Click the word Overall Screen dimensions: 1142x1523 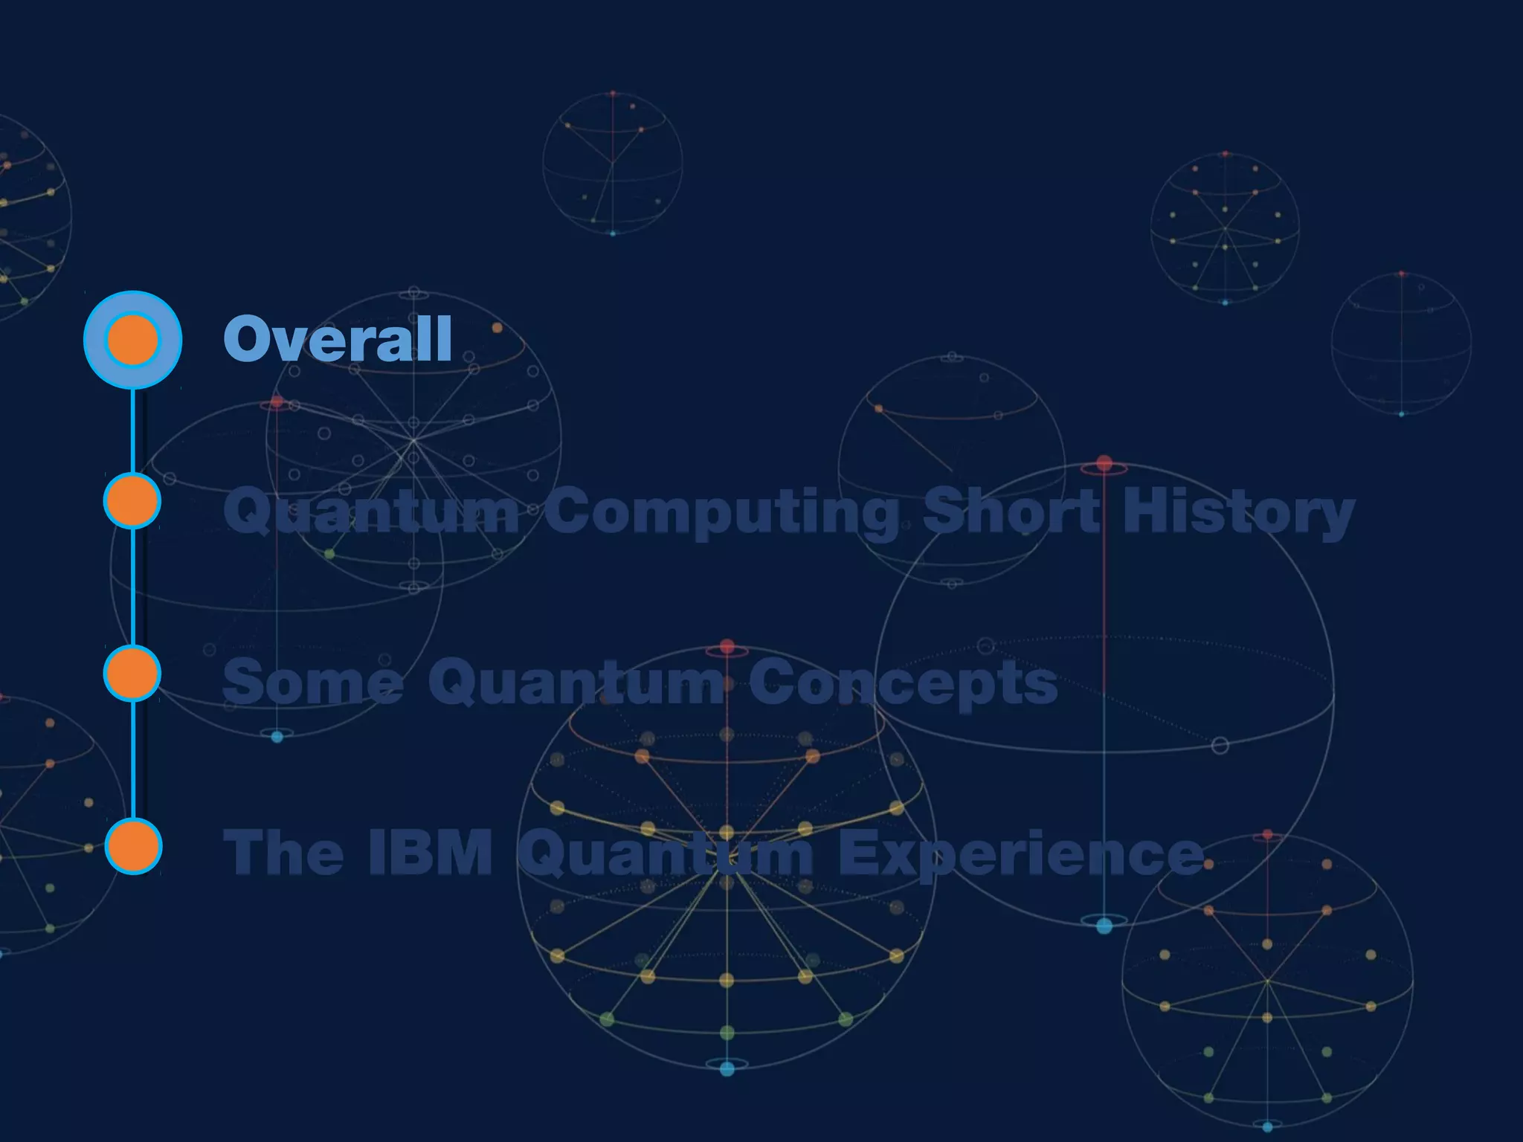[338, 339]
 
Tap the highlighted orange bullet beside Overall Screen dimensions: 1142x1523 [132, 340]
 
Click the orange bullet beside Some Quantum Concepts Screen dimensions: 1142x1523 [132, 674]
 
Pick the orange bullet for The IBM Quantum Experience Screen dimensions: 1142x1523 [133, 846]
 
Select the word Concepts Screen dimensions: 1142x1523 [903, 683]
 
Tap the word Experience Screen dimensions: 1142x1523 [1020, 854]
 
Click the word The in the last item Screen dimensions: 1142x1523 [283, 852]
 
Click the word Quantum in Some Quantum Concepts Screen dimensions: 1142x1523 [576, 683]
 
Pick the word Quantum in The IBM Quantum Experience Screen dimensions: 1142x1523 [666, 854]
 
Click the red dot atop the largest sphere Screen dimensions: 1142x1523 [1104, 464]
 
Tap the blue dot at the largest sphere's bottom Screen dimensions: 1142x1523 [1104, 926]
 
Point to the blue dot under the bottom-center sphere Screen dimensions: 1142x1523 [727, 1068]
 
